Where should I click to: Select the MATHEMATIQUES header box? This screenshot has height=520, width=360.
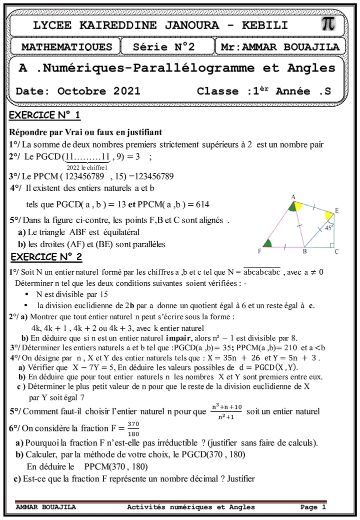[x=67, y=47]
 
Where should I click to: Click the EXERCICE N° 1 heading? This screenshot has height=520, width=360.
[x=45, y=116]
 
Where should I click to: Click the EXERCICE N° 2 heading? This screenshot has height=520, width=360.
[x=46, y=257]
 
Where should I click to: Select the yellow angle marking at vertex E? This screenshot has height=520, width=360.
[x=329, y=216]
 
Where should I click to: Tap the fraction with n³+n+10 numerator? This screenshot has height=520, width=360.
[x=224, y=411]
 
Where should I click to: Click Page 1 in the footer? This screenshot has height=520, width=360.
[x=313, y=507]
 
